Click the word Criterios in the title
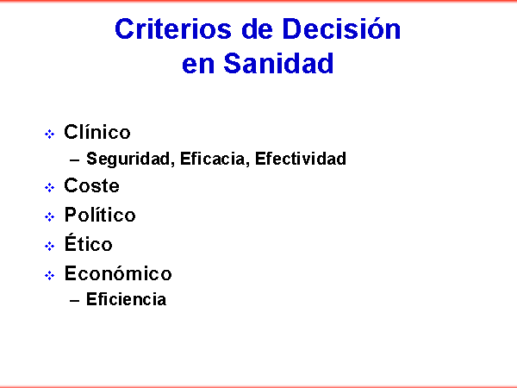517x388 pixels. (173, 29)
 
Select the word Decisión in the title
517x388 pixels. (341, 28)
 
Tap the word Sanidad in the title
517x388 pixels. (278, 63)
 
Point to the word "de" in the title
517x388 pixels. (257, 29)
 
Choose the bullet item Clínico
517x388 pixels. (97, 132)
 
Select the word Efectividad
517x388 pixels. (301, 159)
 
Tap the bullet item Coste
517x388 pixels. (91, 185)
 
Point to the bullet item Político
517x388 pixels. (100, 215)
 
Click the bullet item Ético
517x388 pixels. (89, 243)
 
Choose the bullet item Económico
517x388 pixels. (118, 273)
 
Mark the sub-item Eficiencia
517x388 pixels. (126, 299)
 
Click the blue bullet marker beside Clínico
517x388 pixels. (49, 135)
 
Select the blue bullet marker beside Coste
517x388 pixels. (49, 188)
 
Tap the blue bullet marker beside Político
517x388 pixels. (49, 216)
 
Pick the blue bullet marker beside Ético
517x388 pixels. (49, 246)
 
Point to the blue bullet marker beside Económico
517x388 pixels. (49, 276)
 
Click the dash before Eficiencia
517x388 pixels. (74, 301)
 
